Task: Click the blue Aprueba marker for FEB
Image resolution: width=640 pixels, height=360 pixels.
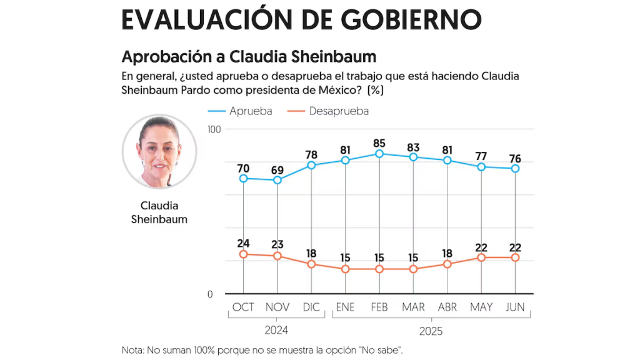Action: [x=379, y=154]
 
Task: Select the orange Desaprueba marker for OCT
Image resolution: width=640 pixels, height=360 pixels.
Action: [x=243, y=254]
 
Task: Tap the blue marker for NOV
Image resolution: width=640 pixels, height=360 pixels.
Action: [x=277, y=180]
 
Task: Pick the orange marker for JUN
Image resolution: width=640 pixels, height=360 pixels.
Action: [x=515, y=257]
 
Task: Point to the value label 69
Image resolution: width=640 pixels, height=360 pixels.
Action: [x=277, y=171]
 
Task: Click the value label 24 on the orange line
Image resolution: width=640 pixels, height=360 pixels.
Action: [x=243, y=243]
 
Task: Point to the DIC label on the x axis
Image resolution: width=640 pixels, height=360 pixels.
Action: [x=311, y=307]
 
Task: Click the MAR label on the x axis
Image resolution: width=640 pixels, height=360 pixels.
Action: [x=413, y=307]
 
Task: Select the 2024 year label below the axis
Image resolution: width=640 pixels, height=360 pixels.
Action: [x=277, y=329]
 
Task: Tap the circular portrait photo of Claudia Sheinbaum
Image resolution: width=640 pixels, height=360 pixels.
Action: [x=159, y=151]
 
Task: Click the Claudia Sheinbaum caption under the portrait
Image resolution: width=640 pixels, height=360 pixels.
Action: [x=159, y=212]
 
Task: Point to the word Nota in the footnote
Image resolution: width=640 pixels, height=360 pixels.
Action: [x=133, y=349]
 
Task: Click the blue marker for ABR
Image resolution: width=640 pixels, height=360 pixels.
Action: [x=447, y=161]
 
